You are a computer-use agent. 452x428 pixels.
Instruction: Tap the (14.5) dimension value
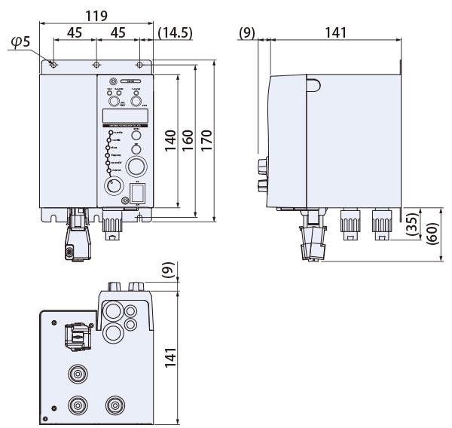179,34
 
